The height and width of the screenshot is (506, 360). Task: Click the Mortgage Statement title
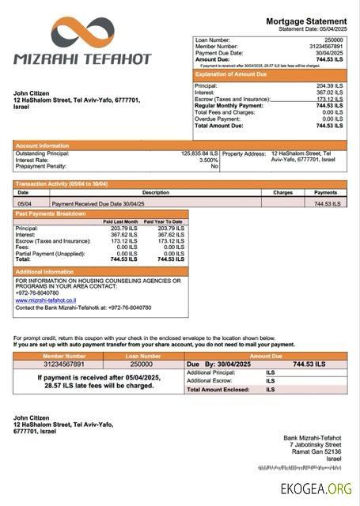(x=306, y=21)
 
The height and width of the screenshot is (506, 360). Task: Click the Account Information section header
(x=43, y=145)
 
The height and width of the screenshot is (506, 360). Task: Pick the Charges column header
(x=282, y=192)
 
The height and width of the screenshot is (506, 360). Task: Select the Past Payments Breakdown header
(x=51, y=213)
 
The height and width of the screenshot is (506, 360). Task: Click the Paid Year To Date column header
(x=164, y=221)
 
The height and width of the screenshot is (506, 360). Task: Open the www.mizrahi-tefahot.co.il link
(x=44, y=300)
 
